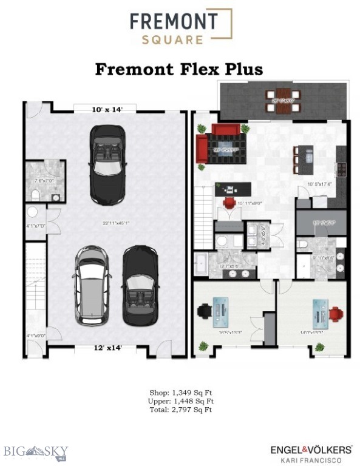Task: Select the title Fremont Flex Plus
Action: point(179,69)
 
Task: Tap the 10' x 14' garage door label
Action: point(107,109)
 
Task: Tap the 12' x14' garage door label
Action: point(107,348)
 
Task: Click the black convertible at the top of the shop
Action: point(108,164)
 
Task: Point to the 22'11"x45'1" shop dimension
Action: point(115,223)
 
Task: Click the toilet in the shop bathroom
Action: point(34,194)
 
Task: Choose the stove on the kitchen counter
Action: point(342,169)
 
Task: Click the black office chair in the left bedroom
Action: point(205,311)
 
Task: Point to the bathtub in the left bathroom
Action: point(201,265)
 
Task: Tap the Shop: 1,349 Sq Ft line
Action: point(180,393)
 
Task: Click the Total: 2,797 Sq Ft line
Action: point(180,410)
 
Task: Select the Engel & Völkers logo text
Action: point(311,450)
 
